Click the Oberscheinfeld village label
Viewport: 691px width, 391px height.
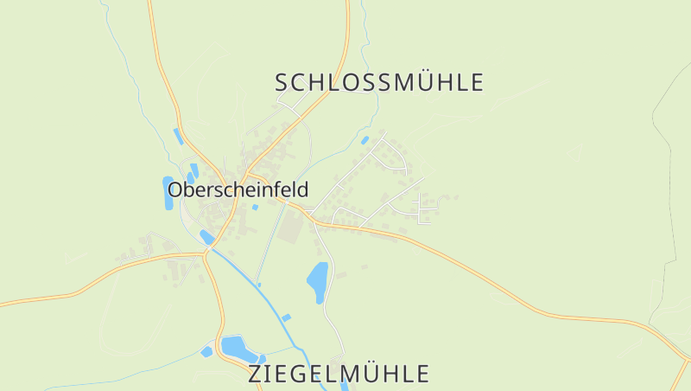(238, 189)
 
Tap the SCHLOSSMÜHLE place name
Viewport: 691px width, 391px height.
(379, 83)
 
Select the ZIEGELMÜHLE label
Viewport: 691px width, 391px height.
(339, 374)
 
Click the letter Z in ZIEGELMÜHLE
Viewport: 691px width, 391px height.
(256, 374)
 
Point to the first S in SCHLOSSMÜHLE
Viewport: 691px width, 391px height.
(282, 83)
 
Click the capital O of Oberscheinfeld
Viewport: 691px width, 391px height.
(175, 189)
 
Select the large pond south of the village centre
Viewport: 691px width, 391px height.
(318, 281)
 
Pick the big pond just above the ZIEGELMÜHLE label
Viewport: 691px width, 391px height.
(239, 348)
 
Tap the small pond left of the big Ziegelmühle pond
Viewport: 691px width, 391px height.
(206, 351)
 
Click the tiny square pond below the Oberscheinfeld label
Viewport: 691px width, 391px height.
(255, 207)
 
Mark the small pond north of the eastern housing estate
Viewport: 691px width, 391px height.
(365, 140)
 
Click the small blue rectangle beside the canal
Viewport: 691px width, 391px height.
(286, 318)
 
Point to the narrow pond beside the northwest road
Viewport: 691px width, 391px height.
(178, 137)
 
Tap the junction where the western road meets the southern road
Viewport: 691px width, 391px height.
(206, 253)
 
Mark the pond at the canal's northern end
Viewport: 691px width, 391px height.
(206, 236)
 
